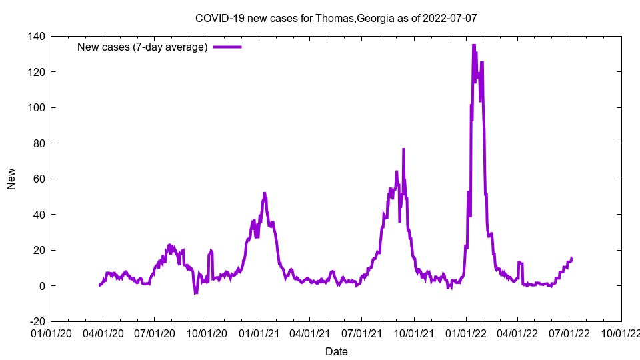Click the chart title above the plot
click(x=336, y=18)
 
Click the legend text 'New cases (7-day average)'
click(x=143, y=47)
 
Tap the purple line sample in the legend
click(x=227, y=47)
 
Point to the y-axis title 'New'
click(x=11, y=179)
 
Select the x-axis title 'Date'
click(x=336, y=351)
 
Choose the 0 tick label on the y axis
click(x=41, y=285)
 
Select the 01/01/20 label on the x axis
click(x=51, y=333)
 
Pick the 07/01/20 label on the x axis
click(x=154, y=333)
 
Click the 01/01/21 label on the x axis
click(x=259, y=333)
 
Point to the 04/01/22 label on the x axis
click(x=517, y=333)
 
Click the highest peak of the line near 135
click(x=473, y=45)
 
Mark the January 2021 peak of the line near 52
click(x=265, y=193)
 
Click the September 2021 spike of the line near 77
click(x=403, y=149)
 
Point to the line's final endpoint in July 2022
click(x=571, y=258)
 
